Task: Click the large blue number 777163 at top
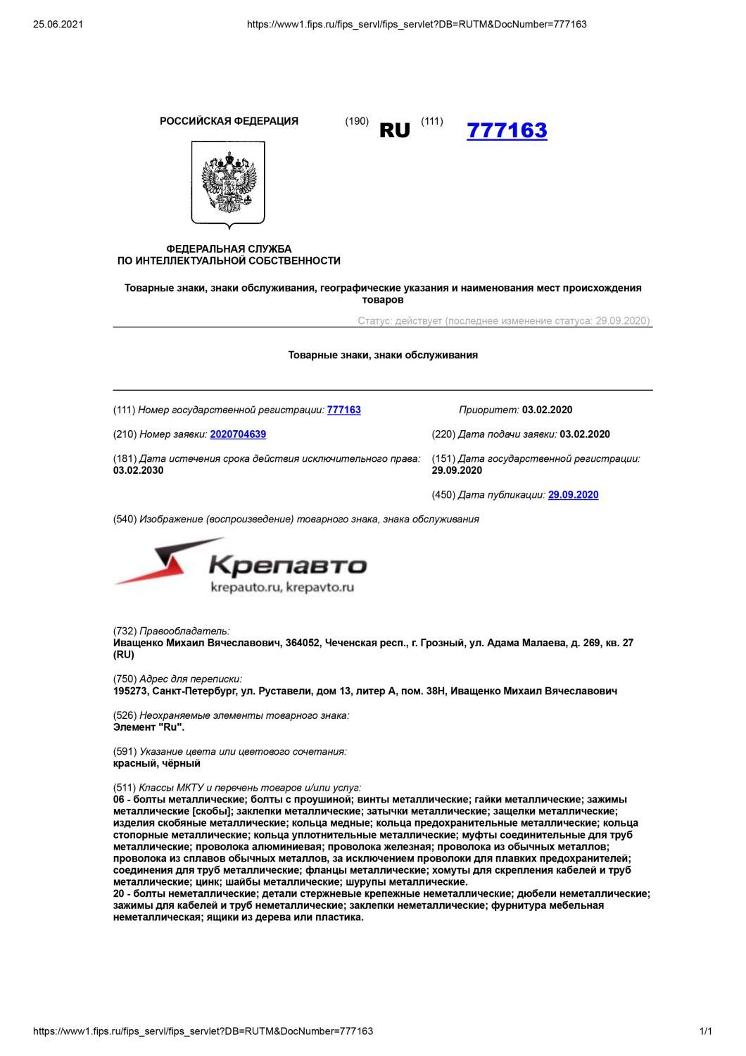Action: [507, 131]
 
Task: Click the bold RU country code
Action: [394, 131]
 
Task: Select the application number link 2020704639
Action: [238, 434]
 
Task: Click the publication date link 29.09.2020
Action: [573, 495]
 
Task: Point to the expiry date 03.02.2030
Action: [138, 471]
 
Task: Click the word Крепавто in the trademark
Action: [288, 565]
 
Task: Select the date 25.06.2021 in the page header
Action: [58, 25]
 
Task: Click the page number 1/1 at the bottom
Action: [705, 1031]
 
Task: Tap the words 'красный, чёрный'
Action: [157, 763]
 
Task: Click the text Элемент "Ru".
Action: [148, 727]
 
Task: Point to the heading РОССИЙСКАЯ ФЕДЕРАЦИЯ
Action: [229, 121]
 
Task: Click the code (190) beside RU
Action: [357, 121]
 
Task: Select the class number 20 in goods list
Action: [119, 894]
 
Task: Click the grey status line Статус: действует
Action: [503, 321]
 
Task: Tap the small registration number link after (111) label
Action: [343, 410]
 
